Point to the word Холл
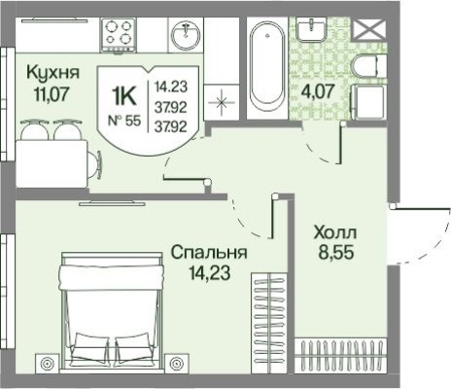(x=335, y=234)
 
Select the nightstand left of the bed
(x=45, y=366)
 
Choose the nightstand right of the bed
(x=177, y=366)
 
